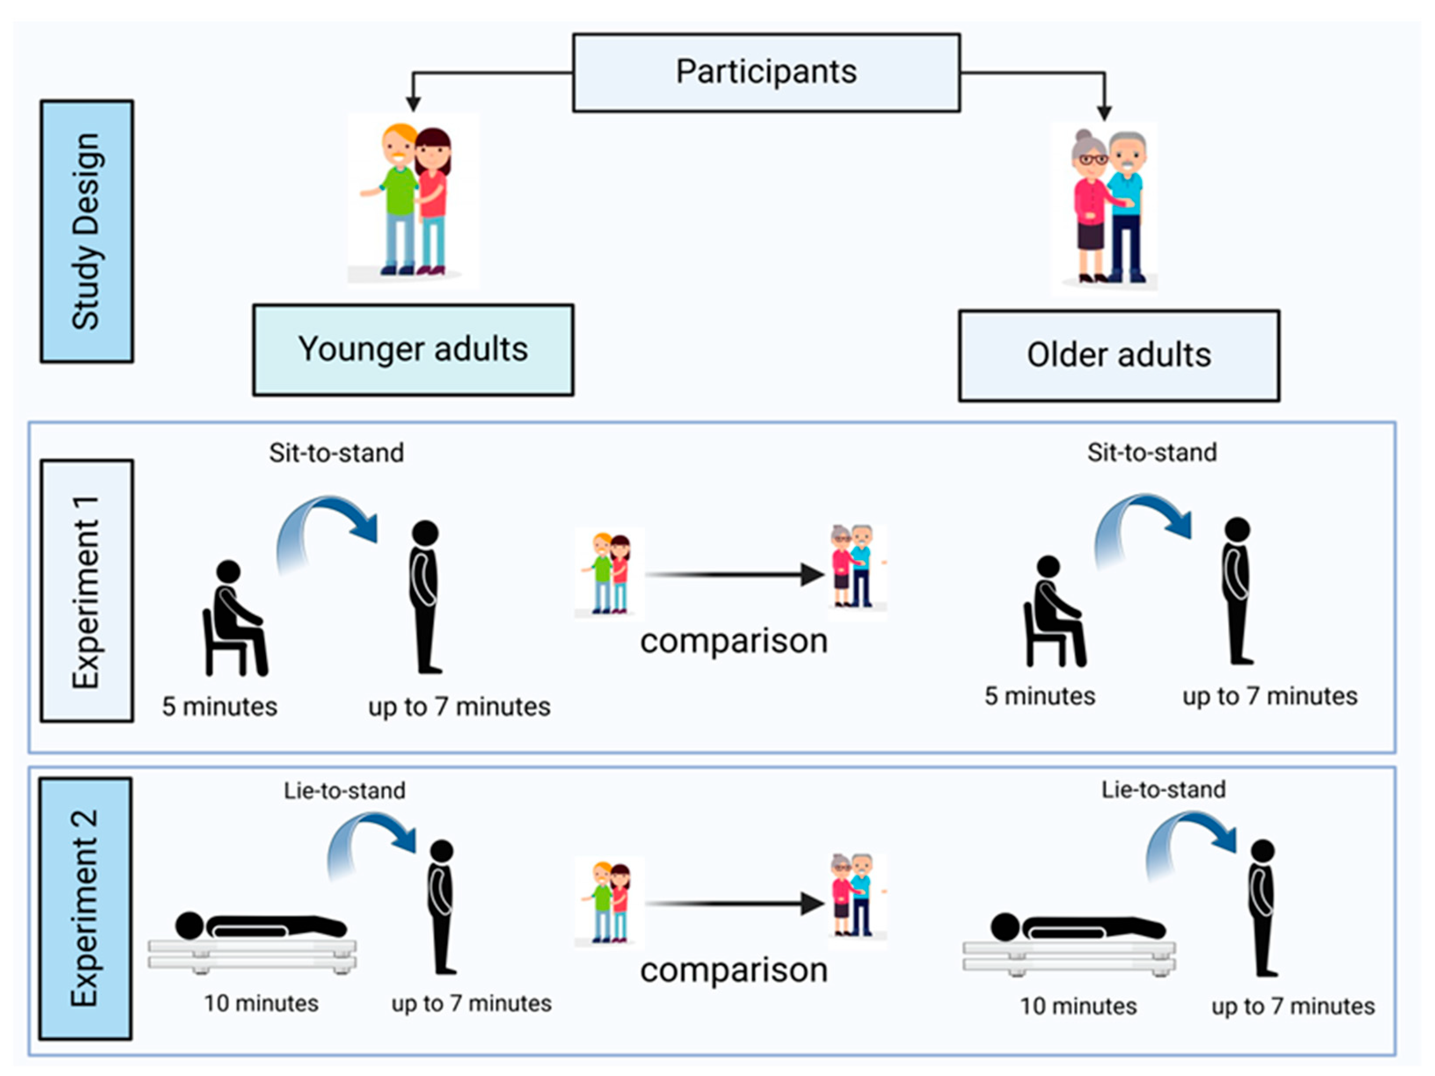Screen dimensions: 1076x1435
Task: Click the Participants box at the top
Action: click(x=766, y=72)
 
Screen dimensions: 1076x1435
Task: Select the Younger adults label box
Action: click(x=413, y=349)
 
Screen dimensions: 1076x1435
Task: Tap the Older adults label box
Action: click(x=1119, y=356)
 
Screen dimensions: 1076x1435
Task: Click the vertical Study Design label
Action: click(x=87, y=232)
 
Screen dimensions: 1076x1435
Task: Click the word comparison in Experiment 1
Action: click(x=734, y=641)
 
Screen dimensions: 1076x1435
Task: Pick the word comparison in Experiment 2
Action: click(x=734, y=970)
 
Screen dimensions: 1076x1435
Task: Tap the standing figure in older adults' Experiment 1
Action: click(x=1237, y=590)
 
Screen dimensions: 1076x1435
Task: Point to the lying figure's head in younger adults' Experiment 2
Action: click(x=189, y=926)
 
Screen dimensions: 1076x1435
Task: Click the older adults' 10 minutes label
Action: click(x=1078, y=1006)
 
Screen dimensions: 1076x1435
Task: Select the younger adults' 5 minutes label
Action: click(x=219, y=706)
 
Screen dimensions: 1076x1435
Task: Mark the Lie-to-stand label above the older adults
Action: click(x=1163, y=789)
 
